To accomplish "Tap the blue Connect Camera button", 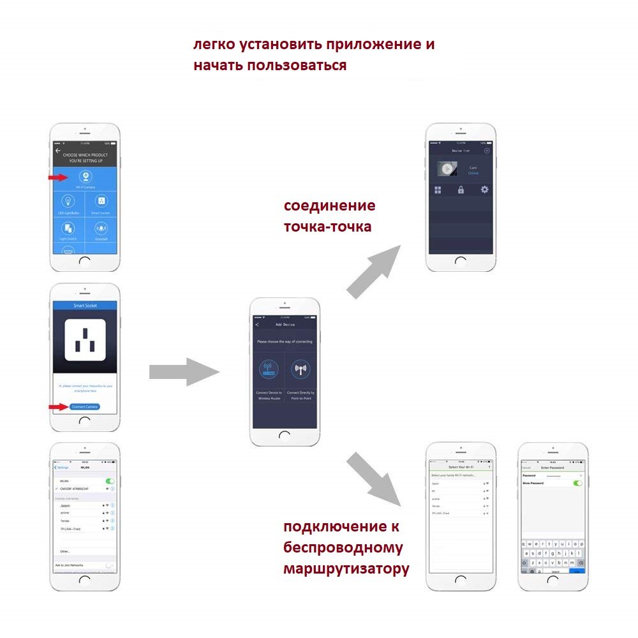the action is click(x=85, y=406).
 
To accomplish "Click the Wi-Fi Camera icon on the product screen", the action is click(x=85, y=177).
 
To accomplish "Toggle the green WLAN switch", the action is click(x=110, y=481).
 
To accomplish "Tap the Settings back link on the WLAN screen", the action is click(x=62, y=468).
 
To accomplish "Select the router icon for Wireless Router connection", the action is click(x=269, y=369).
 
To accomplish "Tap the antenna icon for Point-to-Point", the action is click(x=300, y=369).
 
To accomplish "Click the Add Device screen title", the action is click(x=285, y=325).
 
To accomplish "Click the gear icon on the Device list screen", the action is click(x=485, y=189).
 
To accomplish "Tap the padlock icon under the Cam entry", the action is click(x=461, y=189).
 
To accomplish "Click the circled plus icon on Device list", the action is click(x=487, y=151).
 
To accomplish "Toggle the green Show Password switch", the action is click(x=578, y=483).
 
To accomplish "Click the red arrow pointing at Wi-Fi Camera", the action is click(x=59, y=177).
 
